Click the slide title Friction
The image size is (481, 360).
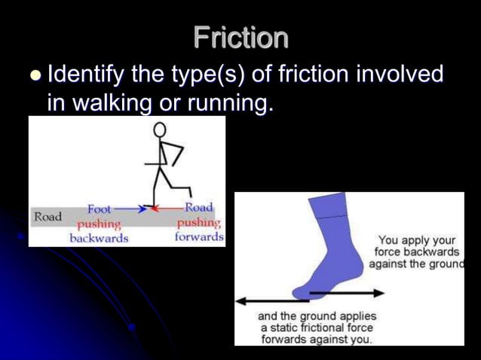click(x=240, y=38)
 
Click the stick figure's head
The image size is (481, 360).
click(x=160, y=130)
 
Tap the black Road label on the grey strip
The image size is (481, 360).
click(x=47, y=217)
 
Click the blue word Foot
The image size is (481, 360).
click(x=100, y=209)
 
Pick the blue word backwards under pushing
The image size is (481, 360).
click(x=99, y=238)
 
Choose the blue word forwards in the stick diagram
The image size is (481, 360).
click(x=199, y=237)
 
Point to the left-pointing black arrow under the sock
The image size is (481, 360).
click(x=264, y=301)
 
